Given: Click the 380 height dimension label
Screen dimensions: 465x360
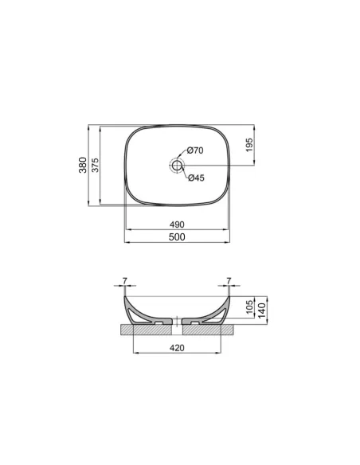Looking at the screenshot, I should click(83, 166).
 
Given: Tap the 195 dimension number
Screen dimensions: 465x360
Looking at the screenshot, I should click(248, 145).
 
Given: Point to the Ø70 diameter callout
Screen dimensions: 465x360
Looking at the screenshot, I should click(196, 151).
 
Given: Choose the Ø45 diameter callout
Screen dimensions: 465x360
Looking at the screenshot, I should click(196, 178).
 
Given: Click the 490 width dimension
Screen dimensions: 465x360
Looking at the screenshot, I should click(177, 225).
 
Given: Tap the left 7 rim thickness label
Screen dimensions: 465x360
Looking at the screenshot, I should click(124, 281).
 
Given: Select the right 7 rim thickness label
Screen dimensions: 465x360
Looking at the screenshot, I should click(229, 281).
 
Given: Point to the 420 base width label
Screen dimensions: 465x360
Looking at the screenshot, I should click(177, 348).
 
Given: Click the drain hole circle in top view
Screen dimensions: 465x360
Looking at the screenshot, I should click(177, 165).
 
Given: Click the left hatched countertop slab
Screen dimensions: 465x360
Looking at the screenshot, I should click(139, 327).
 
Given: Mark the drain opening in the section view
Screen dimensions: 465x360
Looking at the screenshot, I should click(177, 322).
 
